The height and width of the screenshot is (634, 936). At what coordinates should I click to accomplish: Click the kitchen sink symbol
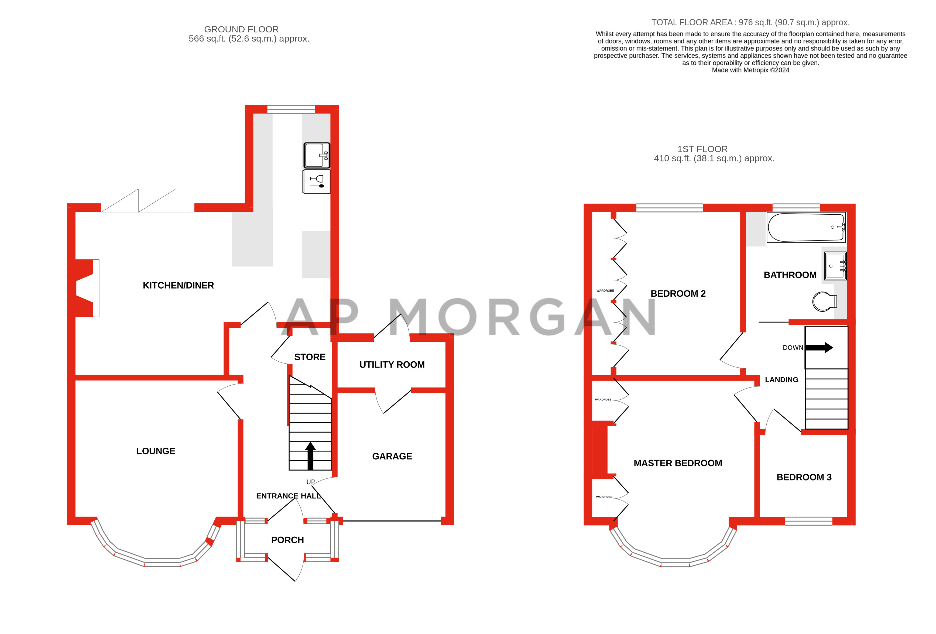pyautogui.click(x=317, y=155)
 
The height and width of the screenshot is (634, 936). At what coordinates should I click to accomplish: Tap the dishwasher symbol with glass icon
pyautogui.click(x=317, y=182)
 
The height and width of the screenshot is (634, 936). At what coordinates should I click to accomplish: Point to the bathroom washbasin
pyautogui.click(x=835, y=266)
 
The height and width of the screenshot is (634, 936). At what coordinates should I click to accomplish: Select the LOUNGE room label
pyautogui.click(x=156, y=451)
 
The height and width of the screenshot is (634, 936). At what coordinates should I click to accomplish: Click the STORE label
pyautogui.click(x=310, y=357)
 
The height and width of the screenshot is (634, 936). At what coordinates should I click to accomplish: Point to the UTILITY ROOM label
pyautogui.click(x=392, y=365)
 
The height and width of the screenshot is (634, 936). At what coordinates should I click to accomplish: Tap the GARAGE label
pyautogui.click(x=392, y=456)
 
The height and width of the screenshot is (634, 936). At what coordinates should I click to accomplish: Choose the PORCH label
pyautogui.click(x=287, y=540)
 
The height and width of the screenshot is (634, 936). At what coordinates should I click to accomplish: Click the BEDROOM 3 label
pyautogui.click(x=804, y=477)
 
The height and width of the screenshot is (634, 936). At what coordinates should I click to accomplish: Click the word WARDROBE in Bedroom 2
pyautogui.click(x=605, y=290)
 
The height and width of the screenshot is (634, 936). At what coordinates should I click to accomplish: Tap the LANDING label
pyautogui.click(x=781, y=379)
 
